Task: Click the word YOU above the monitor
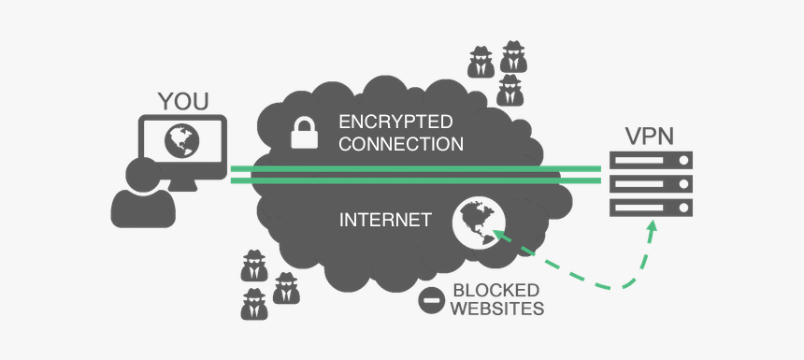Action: (183, 101)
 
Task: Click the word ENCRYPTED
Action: (395, 122)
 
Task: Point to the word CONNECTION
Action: (401, 145)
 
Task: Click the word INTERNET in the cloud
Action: (385, 221)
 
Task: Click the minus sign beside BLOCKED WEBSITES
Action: (432, 300)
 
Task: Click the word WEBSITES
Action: (497, 309)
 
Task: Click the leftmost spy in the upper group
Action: (481, 61)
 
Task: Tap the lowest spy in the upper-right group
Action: (509, 91)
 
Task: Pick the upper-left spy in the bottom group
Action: (252, 266)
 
